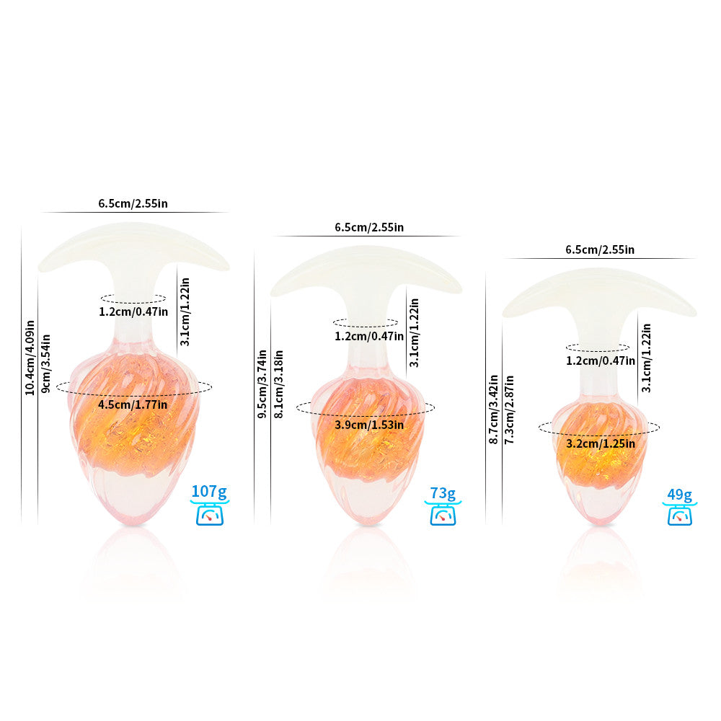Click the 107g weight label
[209, 493]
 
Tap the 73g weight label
[443, 494]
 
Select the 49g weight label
[679, 495]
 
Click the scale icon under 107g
[209, 515]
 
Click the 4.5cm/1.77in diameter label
[133, 404]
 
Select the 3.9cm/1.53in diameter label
[369, 425]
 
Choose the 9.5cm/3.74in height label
[262, 384]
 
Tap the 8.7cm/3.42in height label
[494, 408]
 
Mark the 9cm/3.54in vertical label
[46, 363]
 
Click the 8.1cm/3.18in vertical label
[278, 384]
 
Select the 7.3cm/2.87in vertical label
[510, 409]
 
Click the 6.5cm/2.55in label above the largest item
[133, 203]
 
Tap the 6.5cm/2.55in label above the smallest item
[600, 250]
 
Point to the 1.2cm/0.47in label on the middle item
[369, 336]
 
